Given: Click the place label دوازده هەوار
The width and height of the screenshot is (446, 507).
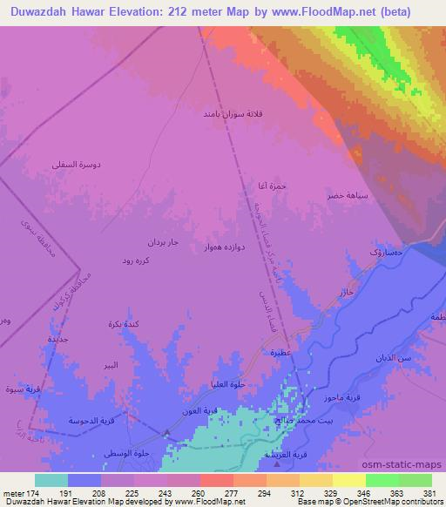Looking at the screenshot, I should point(224,247).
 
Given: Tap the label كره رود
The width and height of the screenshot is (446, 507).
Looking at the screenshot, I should point(139,260).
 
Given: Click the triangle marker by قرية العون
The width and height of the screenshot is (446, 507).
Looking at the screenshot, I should point(167,431).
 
